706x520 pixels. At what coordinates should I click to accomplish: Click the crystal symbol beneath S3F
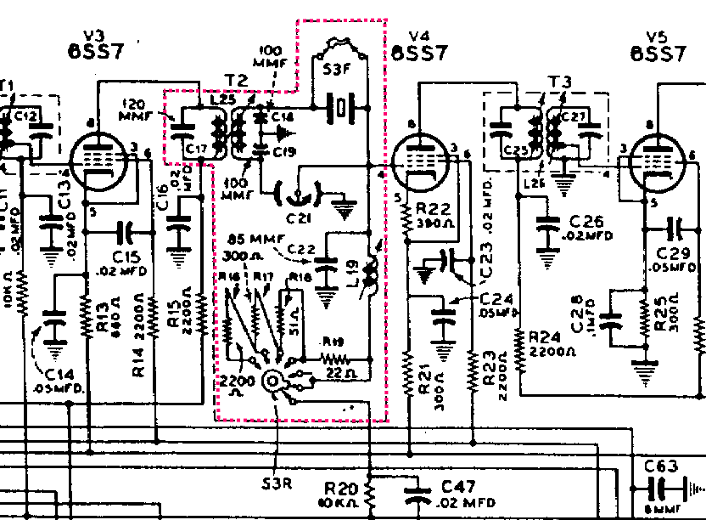(x=340, y=108)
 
